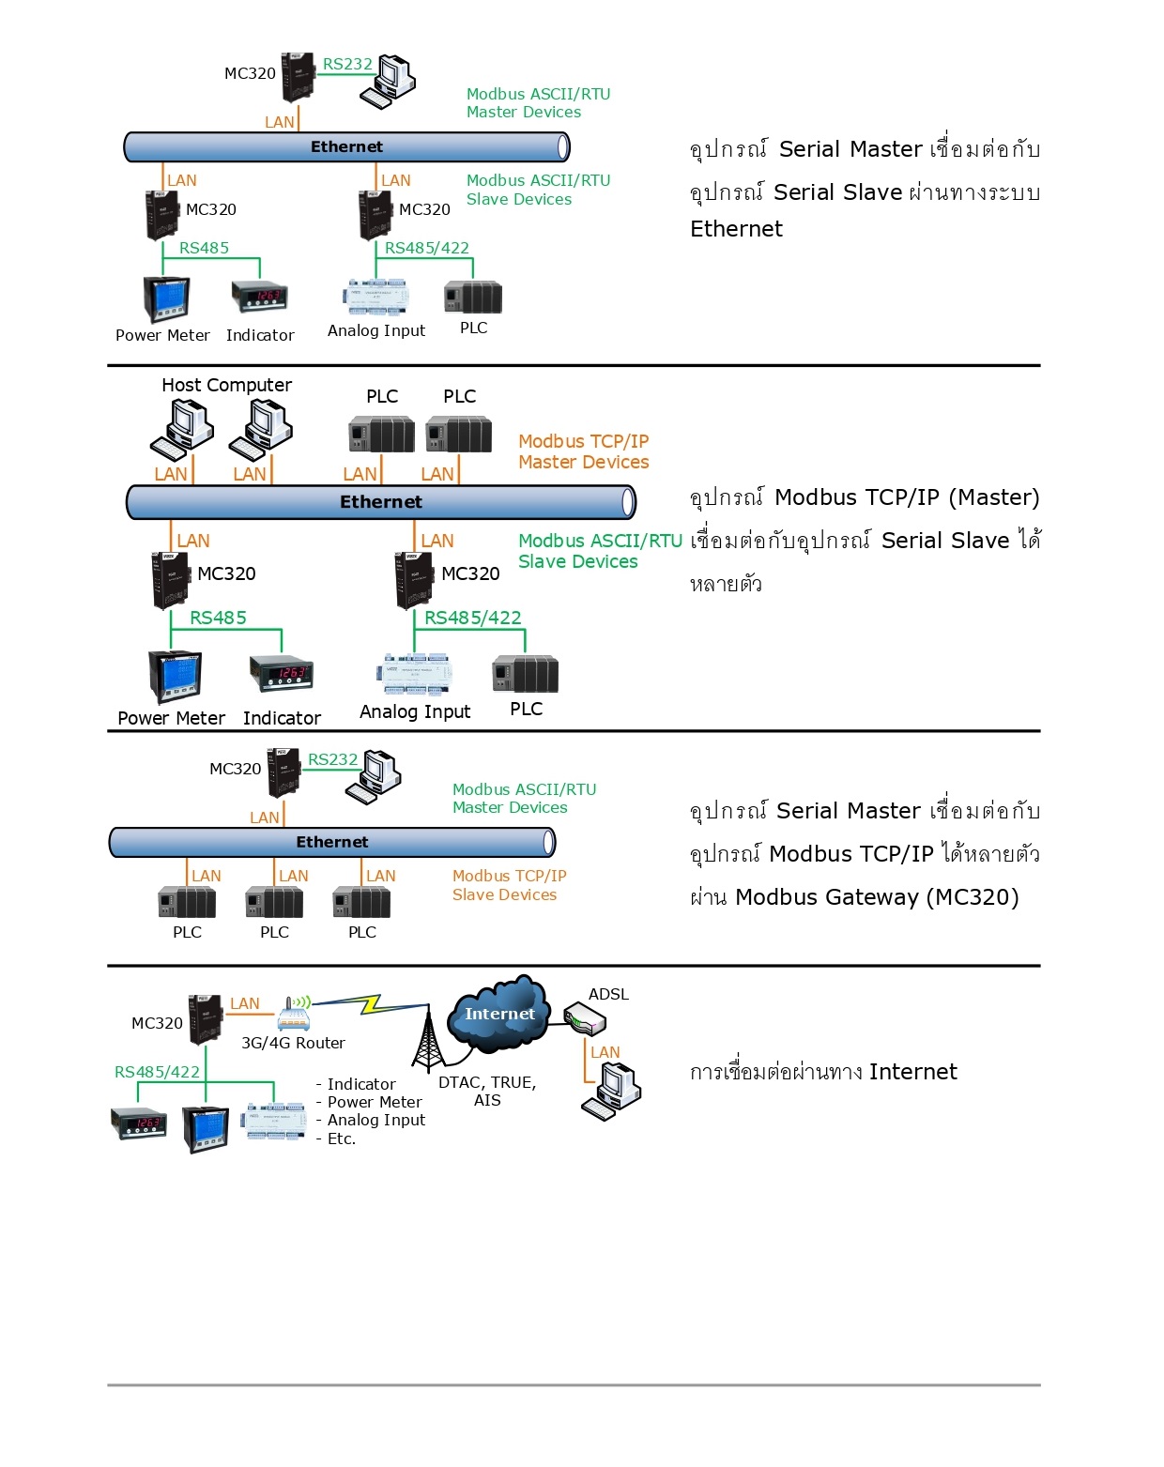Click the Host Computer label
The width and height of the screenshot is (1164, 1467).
coord(226,385)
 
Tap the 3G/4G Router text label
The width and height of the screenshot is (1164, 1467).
coord(293,1043)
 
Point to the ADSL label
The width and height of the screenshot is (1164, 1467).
coord(608,994)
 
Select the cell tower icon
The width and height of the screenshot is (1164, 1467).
coord(427,1042)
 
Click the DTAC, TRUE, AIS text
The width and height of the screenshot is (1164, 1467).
coord(487,1091)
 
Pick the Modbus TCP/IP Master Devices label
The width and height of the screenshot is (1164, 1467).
coord(583,451)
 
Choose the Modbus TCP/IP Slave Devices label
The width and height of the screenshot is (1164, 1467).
coord(509,885)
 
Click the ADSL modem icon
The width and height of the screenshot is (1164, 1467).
coord(584,1018)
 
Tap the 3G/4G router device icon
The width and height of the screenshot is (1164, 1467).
coord(294,1014)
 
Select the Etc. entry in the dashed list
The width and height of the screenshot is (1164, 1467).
coord(341,1138)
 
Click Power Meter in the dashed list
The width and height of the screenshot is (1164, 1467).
coord(374,1102)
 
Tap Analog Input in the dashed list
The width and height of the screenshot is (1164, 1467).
coord(375,1120)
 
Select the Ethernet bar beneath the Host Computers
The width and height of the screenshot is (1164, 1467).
coord(381,502)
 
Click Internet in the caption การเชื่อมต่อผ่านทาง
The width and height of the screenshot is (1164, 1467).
coord(912,1072)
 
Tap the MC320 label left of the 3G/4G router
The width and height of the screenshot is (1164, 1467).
coord(157,1023)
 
